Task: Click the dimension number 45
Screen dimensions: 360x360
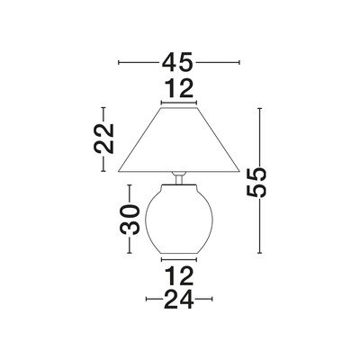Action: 176,62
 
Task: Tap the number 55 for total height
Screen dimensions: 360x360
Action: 256,183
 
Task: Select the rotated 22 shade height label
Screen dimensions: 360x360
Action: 104,139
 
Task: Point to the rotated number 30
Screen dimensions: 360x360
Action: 130,220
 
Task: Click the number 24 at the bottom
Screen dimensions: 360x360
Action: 179,299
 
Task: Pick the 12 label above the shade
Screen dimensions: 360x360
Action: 180,88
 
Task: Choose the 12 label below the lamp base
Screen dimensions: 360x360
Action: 180,275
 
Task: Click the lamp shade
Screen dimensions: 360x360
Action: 179,139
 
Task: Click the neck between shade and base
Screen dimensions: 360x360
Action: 179,178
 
